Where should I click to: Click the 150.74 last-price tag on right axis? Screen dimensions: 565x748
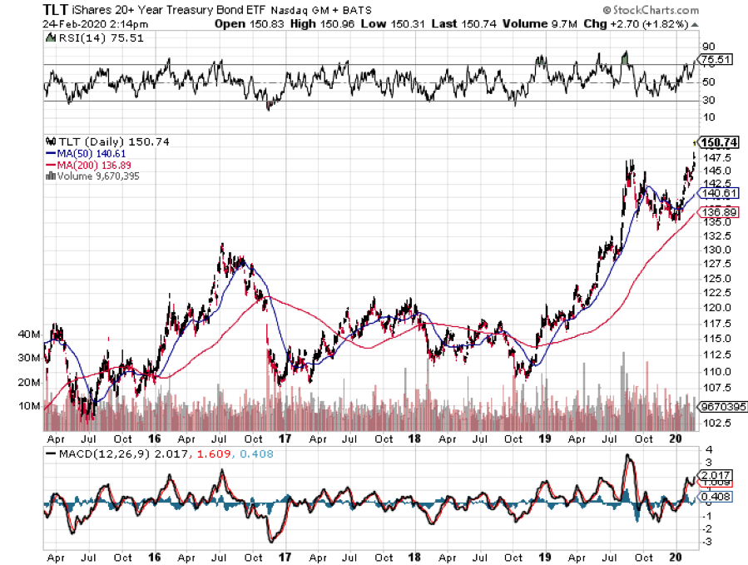[720, 142]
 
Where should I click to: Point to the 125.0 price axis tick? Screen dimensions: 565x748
[716, 279]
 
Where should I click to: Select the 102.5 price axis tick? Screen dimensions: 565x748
[716, 423]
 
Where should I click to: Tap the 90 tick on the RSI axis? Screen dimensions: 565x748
[709, 47]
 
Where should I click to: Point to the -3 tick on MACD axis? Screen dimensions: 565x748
[709, 543]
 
